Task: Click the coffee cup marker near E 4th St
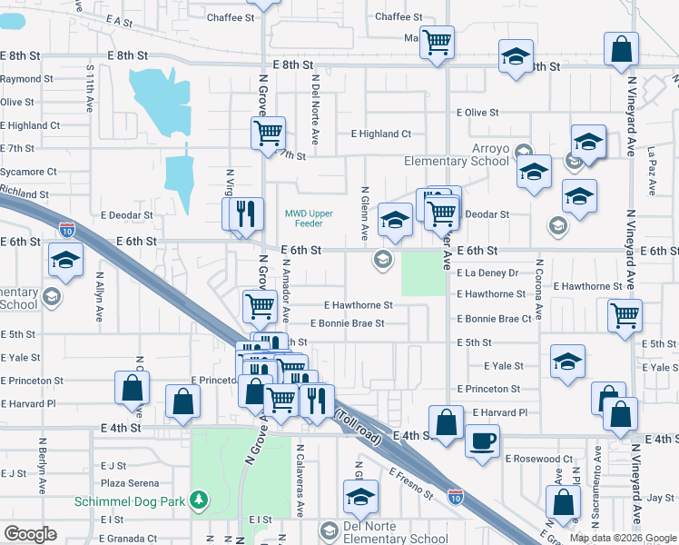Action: (481, 441)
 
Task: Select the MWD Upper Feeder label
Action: (310, 219)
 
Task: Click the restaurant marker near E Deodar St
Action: (243, 213)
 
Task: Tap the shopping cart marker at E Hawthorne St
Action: (260, 306)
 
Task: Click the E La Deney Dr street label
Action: (487, 272)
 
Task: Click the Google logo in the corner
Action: (30, 534)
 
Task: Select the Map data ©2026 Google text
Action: (623, 538)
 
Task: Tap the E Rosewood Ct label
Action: (539, 460)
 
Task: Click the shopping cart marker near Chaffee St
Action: (437, 41)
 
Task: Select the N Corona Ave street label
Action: (538, 289)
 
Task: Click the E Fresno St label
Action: (411, 483)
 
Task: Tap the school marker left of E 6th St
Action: (66, 259)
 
